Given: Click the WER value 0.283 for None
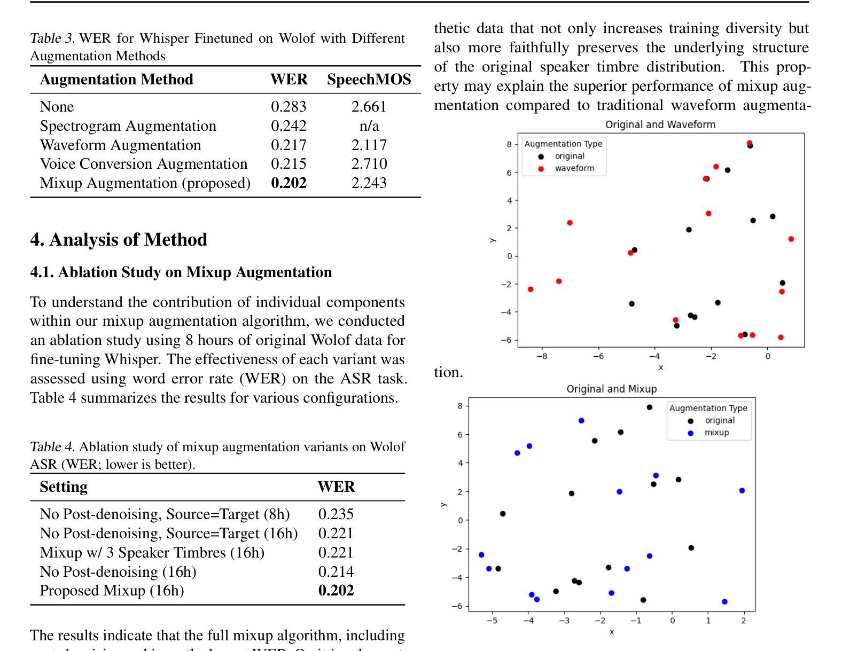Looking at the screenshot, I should coord(289,107).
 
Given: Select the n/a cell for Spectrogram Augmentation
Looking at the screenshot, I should coord(369,126).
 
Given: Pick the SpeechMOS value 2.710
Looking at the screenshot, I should coord(369,164).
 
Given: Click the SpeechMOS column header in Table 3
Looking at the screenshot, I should coord(369,80).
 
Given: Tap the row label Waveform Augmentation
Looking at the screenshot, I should coord(120,145).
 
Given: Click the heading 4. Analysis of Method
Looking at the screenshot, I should coord(119,239).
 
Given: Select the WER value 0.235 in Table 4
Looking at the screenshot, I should coord(336,514).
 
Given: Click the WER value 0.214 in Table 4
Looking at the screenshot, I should coord(336,572).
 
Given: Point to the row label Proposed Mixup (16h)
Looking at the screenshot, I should coord(112,591).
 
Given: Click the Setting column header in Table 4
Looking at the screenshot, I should coord(64,487).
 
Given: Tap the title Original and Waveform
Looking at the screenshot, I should coord(660,124).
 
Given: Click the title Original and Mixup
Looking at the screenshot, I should coord(611,389).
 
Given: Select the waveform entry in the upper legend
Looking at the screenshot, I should coord(574,168).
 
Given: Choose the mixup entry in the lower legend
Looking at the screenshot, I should coord(716,433).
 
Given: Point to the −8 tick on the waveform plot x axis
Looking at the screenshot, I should coord(541,356).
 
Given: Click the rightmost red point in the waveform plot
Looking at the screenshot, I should coord(791,239).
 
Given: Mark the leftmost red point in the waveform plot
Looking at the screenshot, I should coord(531,289).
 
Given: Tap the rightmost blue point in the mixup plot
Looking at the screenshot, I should coord(742,491).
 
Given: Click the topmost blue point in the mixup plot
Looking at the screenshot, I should coord(581,421).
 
